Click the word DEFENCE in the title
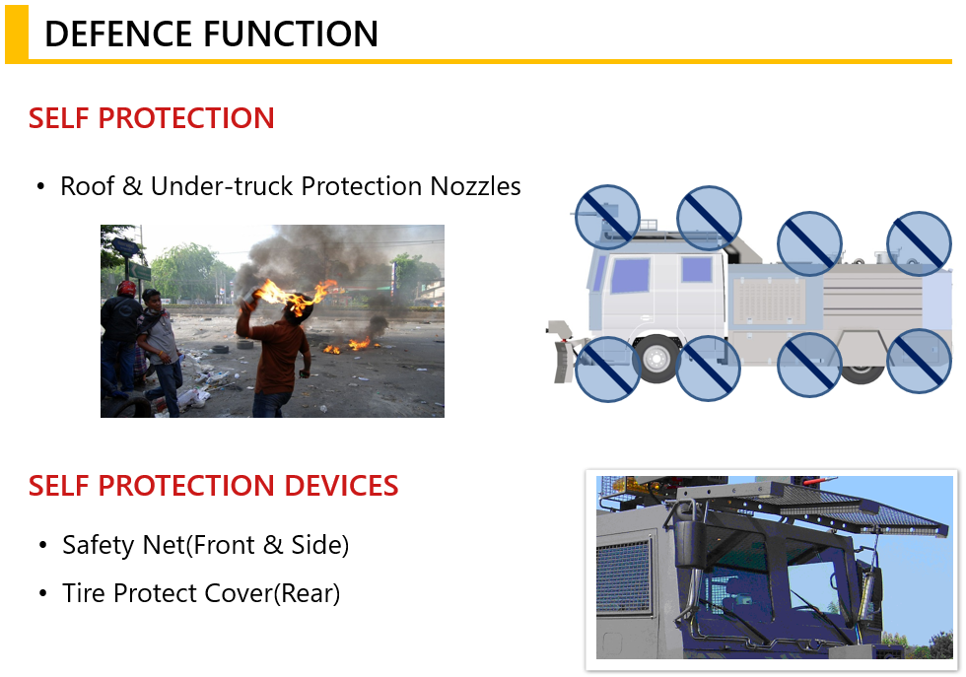coord(118,34)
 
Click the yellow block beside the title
coord(17,34)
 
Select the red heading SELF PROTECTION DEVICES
coord(213,486)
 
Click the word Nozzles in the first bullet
coord(475,186)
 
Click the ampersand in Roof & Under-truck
coord(132,186)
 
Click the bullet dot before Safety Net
coord(42,546)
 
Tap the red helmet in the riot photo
coord(126,289)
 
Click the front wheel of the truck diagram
coord(656,358)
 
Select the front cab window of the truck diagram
coord(630,275)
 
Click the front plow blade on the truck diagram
coord(563,361)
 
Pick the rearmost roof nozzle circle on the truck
coord(918,242)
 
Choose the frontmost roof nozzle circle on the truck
coord(607,217)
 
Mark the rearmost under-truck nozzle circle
coord(918,361)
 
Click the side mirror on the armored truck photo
coord(687,542)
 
